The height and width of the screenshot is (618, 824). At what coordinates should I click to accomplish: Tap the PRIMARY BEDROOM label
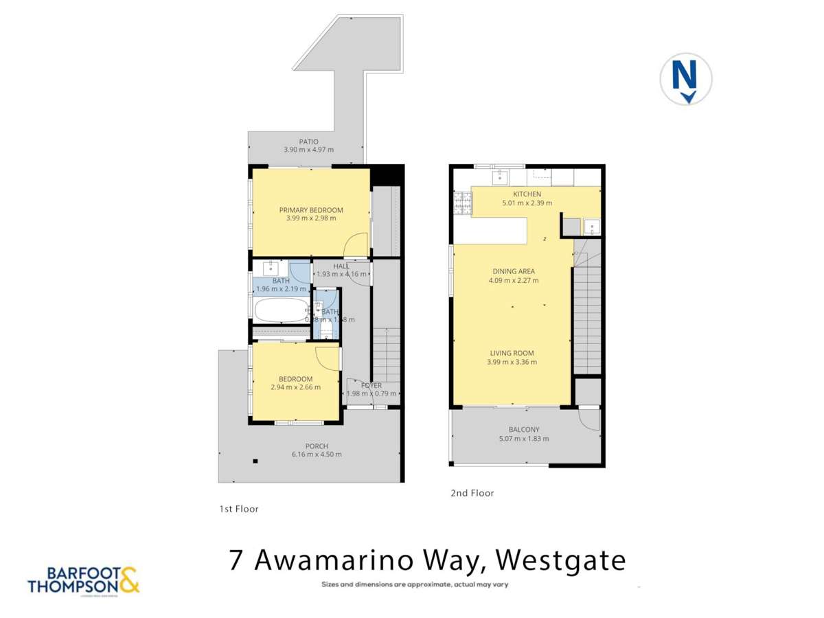310,210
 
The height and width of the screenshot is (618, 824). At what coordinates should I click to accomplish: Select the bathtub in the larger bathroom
280,310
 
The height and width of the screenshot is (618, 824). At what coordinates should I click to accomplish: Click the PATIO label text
308,141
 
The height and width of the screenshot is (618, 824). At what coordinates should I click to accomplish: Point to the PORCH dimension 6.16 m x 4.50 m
317,454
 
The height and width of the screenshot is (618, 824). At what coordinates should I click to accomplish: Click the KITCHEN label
527,194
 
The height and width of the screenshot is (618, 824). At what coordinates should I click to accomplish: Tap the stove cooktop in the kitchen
461,204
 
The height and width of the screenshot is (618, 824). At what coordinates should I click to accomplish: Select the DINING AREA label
513,271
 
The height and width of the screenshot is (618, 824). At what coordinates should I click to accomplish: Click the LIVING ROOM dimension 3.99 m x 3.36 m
512,362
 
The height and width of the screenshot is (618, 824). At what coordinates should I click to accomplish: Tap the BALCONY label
523,430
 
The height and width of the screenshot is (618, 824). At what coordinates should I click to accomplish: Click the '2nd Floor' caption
472,493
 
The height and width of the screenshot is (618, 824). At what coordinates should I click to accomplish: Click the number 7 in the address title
236,560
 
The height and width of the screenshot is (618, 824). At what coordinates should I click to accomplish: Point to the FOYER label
371,385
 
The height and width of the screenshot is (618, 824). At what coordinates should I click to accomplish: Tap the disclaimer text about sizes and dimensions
415,585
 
